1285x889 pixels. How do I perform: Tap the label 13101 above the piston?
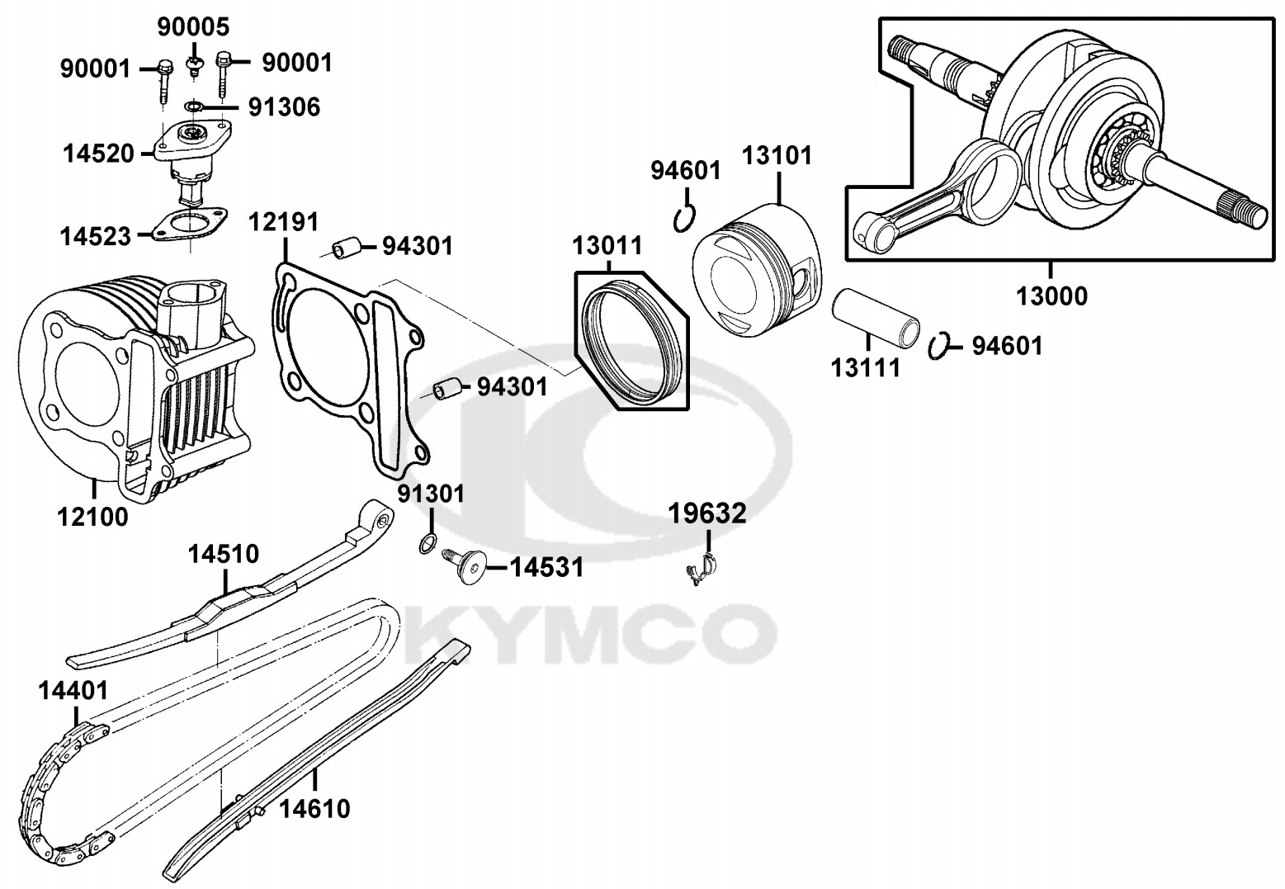(777, 155)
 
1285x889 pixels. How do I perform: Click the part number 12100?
(92, 518)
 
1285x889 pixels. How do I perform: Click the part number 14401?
(73, 690)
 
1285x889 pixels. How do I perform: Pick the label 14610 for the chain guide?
(314, 807)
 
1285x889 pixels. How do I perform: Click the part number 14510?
(223, 553)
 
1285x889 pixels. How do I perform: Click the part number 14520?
(98, 153)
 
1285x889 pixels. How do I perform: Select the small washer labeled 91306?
(195, 106)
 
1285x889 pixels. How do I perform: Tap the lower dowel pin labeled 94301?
(446, 386)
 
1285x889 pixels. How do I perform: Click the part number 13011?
(607, 245)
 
